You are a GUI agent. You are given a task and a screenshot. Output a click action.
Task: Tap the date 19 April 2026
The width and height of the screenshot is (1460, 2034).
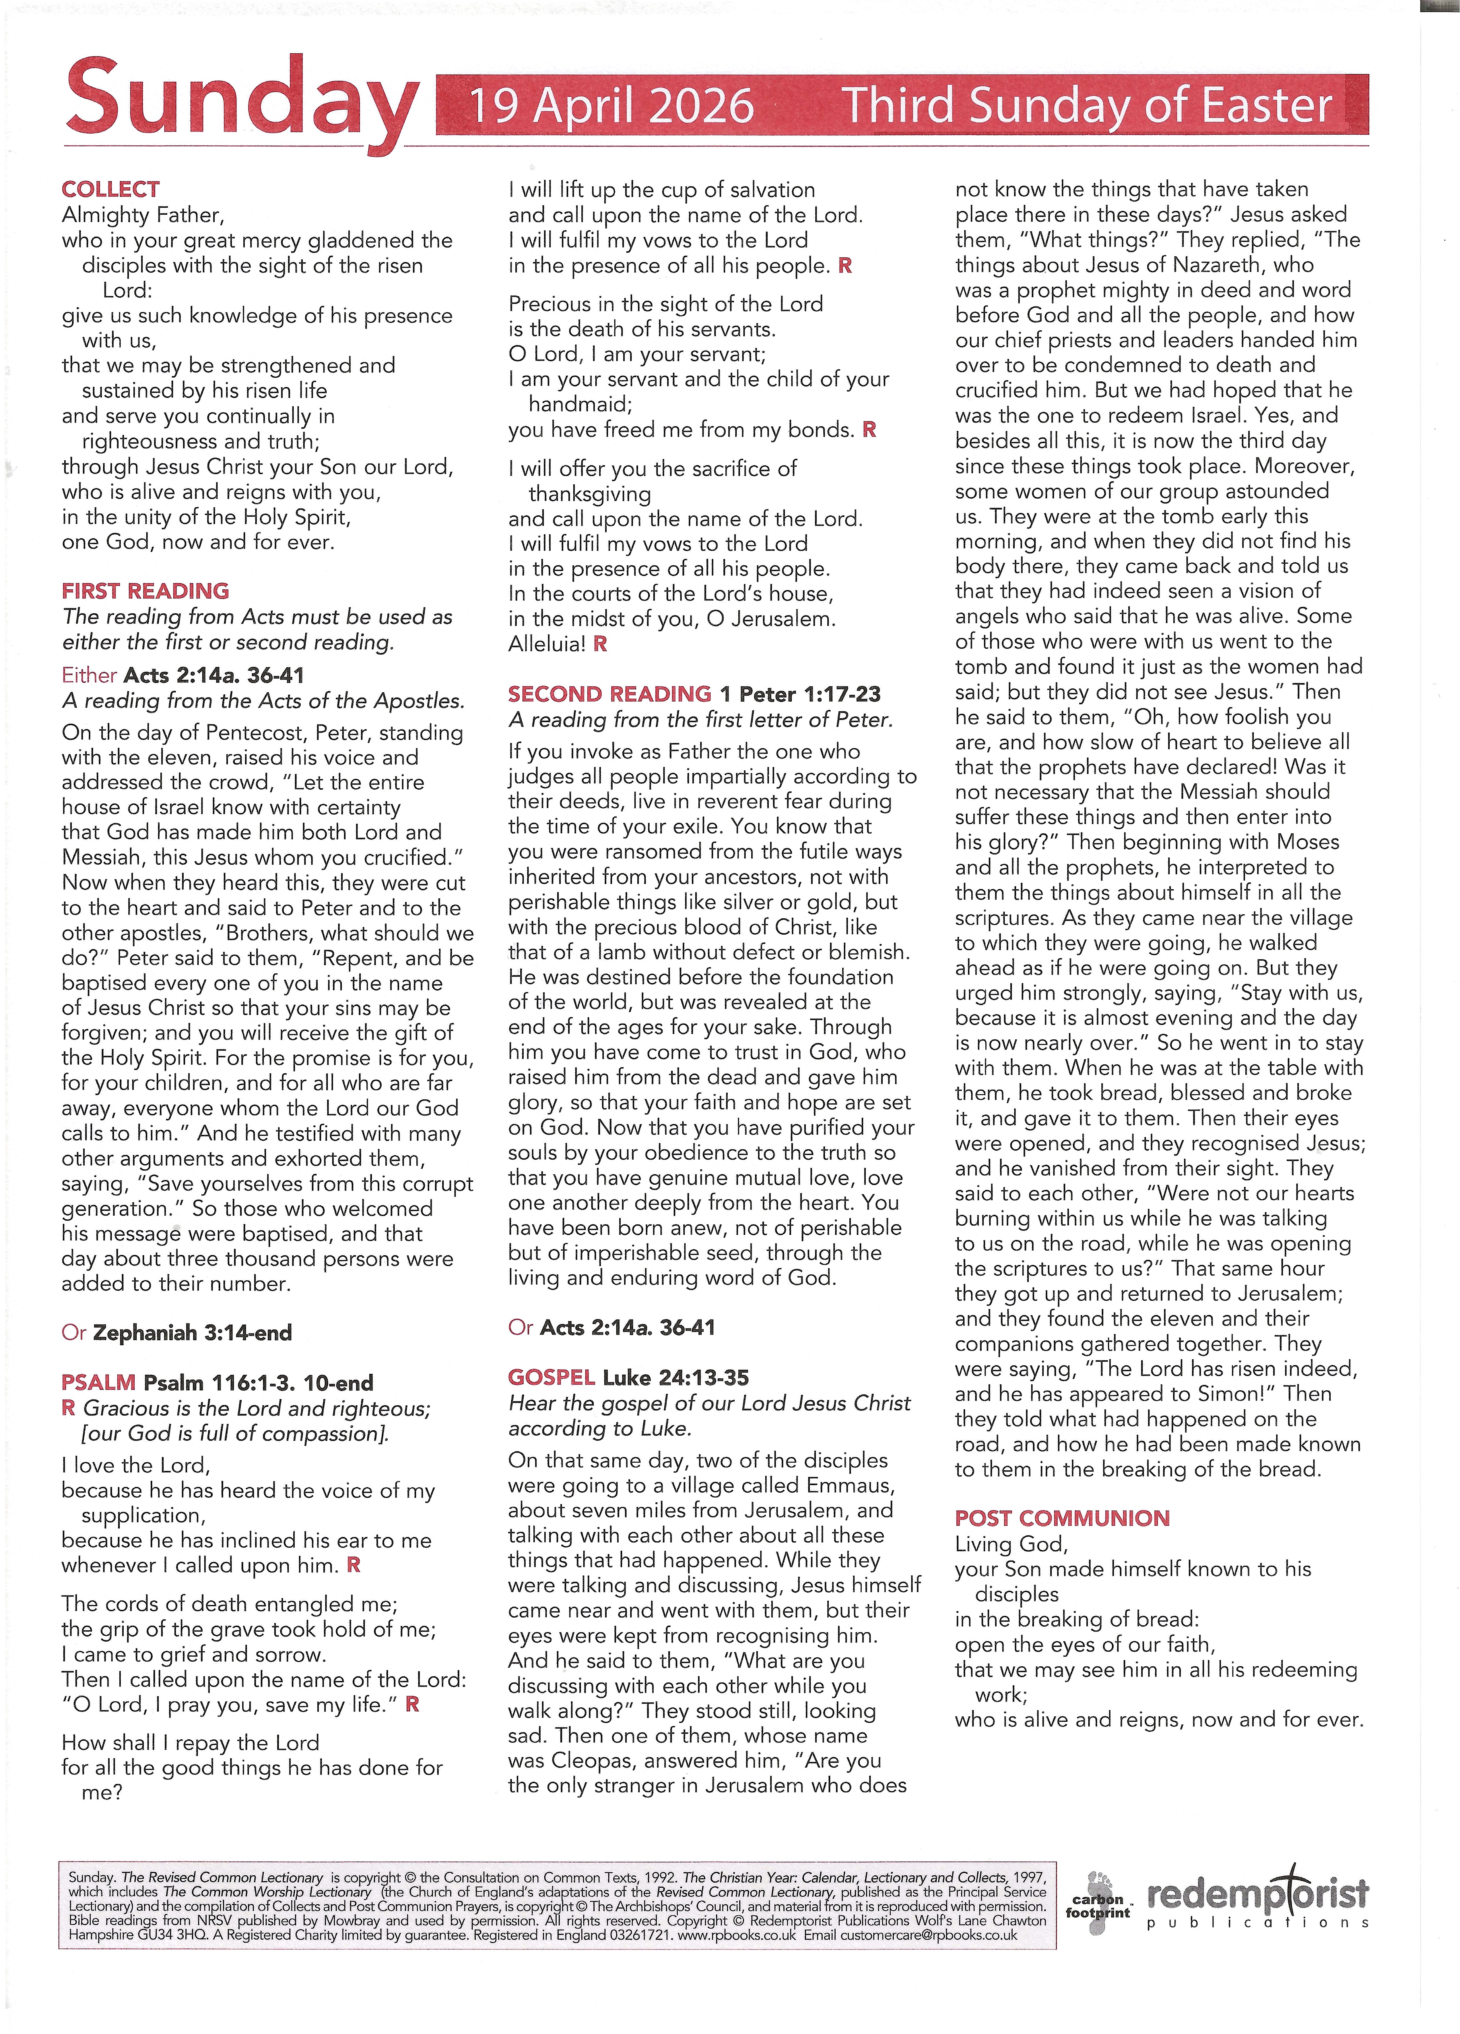pos(613,106)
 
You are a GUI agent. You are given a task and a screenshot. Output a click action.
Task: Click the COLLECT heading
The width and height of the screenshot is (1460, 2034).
pos(110,189)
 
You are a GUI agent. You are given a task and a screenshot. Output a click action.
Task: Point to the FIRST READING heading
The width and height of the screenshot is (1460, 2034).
pos(145,591)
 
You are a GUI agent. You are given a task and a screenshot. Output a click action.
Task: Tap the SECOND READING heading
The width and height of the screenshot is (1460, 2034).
pos(609,694)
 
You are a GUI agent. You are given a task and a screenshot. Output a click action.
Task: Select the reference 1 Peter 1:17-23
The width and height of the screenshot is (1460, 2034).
pos(800,694)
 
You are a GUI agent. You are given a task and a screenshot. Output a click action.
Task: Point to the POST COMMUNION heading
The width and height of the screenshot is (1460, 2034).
pos(1062,1518)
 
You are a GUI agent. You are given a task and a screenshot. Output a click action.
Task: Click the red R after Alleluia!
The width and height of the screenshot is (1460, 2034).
pos(600,644)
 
